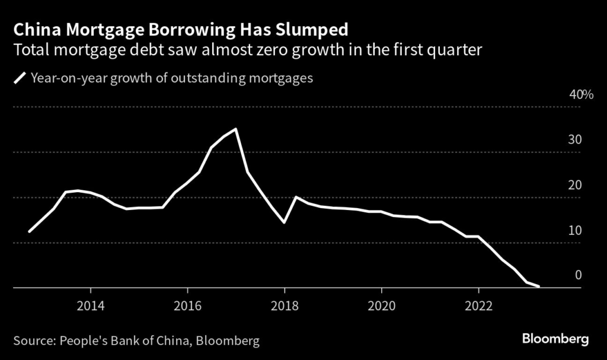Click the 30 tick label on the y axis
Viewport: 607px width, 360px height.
click(575, 140)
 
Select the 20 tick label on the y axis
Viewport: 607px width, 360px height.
click(575, 185)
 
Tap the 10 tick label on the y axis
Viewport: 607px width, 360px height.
click(575, 230)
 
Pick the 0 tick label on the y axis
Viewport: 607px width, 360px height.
click(579, 275)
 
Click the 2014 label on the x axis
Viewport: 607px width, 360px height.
click(90, 305)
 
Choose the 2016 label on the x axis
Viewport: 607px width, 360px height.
click(187, 305)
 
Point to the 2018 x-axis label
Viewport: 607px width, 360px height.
click(285, 305)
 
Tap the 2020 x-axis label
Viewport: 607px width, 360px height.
click(381, 305)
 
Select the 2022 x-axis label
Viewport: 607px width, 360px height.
click(478, 305)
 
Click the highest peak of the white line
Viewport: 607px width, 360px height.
click(236, 129)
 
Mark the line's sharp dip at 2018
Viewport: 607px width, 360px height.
click(285, 222)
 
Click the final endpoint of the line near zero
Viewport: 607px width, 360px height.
click(539, 286)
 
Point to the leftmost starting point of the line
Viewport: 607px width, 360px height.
click(29, 231)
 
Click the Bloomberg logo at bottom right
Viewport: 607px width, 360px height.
click(555, 339)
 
